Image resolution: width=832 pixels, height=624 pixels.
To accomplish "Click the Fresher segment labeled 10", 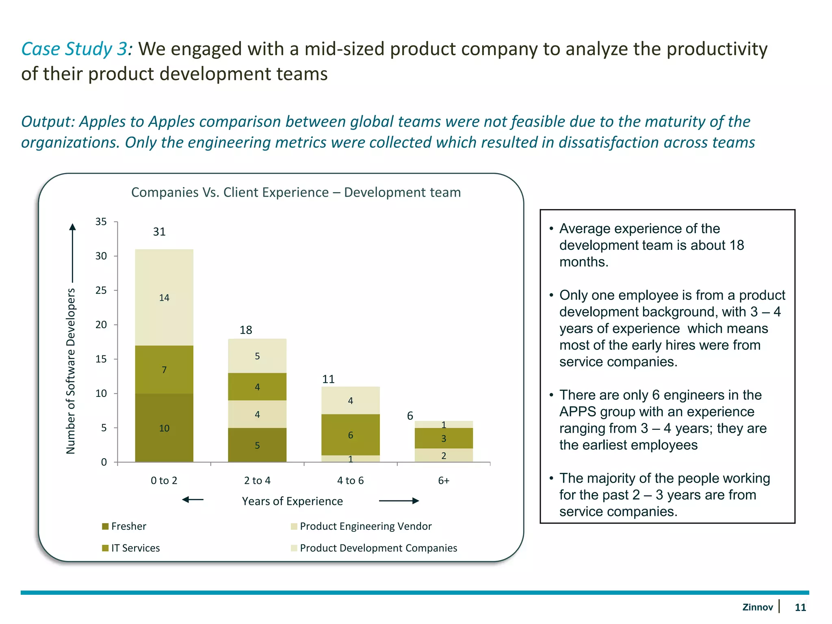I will (164, 428).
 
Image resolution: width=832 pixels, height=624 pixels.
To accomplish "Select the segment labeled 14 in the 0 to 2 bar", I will (164, 298).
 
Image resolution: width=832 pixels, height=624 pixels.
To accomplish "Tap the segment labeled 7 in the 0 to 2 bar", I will (164, 370).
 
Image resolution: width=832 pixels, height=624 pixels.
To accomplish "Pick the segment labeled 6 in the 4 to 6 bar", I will (350, 435).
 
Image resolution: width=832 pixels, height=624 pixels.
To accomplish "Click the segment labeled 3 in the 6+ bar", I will (444, 439).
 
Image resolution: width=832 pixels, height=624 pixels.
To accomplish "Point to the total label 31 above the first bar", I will (159, 232).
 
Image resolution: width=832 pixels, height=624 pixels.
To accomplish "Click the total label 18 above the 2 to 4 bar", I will (246, 330).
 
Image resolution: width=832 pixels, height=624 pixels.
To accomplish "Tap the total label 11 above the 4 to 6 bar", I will (328, 379).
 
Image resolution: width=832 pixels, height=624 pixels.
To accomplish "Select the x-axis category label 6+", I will (444, 481).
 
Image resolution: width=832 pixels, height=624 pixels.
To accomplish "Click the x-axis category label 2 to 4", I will (257, 481).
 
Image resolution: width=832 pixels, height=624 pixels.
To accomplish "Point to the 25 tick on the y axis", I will (101, 290).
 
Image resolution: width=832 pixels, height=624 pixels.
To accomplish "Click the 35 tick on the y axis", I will (101, 222).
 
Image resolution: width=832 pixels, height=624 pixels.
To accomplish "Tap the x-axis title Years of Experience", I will (292, 501).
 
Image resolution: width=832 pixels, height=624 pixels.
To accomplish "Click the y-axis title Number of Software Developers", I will (71, 370).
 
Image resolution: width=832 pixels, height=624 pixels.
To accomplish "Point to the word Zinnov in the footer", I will (757, 607).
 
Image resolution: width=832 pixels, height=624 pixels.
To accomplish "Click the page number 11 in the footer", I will (800, 607).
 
